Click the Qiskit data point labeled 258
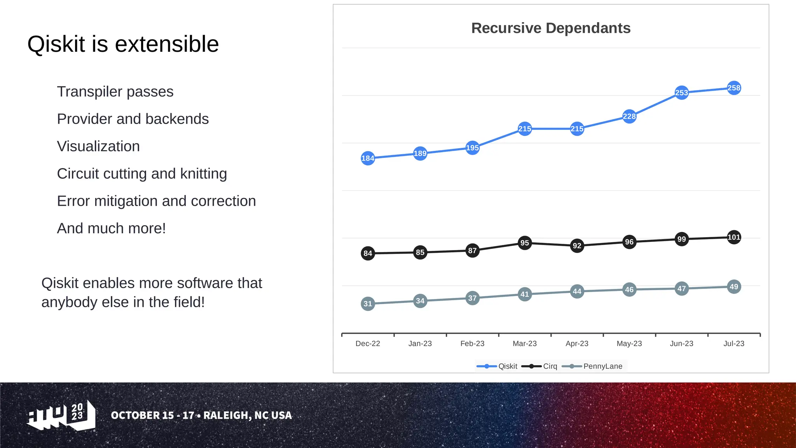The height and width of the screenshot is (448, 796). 733,88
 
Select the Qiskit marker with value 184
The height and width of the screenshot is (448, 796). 368,158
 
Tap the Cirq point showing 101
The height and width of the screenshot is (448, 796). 733,237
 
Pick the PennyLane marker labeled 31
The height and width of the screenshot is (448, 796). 368,304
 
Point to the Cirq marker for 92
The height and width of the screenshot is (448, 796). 577,246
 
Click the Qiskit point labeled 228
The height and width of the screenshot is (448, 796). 629,116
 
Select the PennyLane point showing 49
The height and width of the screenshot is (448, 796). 733,287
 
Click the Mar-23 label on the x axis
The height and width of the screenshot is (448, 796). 524,343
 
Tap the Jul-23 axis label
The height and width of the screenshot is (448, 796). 733,343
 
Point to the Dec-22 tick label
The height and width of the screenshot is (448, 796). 368,343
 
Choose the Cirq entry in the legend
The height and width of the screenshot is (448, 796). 540,366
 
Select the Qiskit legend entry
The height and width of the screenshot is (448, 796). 497,366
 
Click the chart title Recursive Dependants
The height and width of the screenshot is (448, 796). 550,28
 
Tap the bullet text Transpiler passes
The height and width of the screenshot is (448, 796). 115,92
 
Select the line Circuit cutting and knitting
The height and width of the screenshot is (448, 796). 142,174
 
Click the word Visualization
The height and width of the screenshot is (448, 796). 98,147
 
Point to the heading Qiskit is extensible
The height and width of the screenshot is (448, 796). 123,44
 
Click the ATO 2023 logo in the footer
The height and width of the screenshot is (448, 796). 61,415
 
